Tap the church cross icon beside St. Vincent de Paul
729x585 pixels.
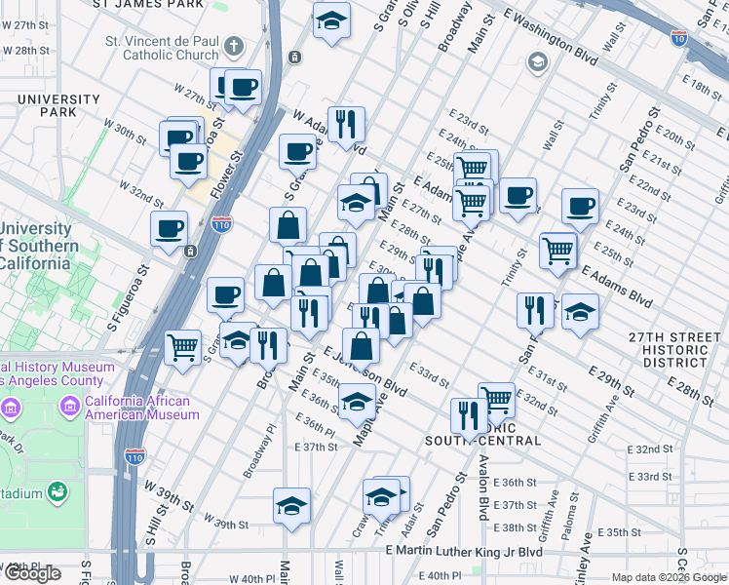point(234,45)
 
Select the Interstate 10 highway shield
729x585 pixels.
point(678,38)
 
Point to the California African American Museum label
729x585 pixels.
point(142,408)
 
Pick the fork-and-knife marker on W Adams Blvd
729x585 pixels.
point(346,124)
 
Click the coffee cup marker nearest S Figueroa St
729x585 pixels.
point(169,229)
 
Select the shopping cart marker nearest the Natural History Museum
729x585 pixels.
point(183,347)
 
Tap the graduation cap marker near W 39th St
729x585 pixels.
point(291,505)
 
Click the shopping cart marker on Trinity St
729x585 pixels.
point(558,250)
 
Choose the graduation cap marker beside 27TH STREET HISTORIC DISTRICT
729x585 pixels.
point(580,311)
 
